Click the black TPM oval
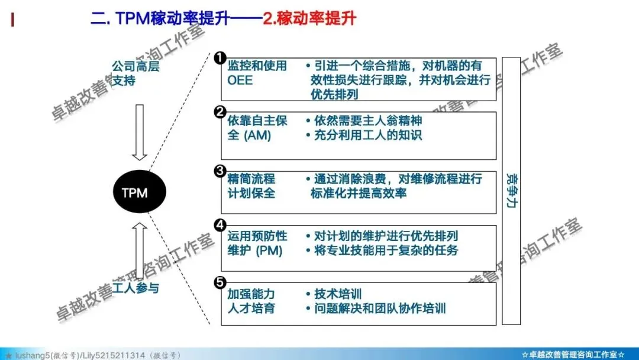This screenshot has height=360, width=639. (140, 192)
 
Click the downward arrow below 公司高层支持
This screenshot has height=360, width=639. (140, 133)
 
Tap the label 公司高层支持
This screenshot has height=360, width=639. (135, 73)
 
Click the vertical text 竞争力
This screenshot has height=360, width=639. (511, 190)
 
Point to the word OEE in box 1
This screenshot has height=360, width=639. (240, 80)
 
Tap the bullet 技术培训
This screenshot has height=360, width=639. (338, 294)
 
